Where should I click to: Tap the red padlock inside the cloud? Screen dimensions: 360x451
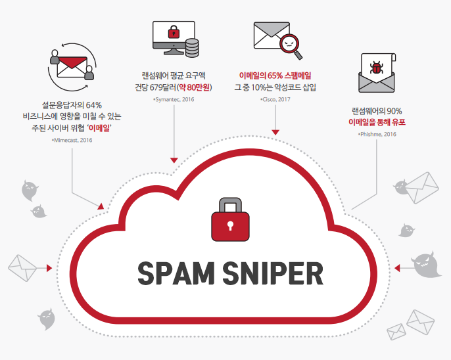tap(229, 220)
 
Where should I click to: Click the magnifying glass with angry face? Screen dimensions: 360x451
tap(290, 45)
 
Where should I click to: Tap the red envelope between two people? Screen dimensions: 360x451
tap(72, 64)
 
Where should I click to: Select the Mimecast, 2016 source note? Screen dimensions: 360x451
tap(72, 140)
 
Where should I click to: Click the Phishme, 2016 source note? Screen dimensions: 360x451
tap(377, 134)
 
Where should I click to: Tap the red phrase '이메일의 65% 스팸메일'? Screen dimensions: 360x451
tap(275, 75)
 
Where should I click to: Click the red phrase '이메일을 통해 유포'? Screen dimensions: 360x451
tap(377, 122)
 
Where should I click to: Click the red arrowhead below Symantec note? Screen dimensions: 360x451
tap(174, 160)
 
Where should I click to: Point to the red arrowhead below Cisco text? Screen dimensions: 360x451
tap(275, 133)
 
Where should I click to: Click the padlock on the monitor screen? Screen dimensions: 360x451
tap(174, 31)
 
